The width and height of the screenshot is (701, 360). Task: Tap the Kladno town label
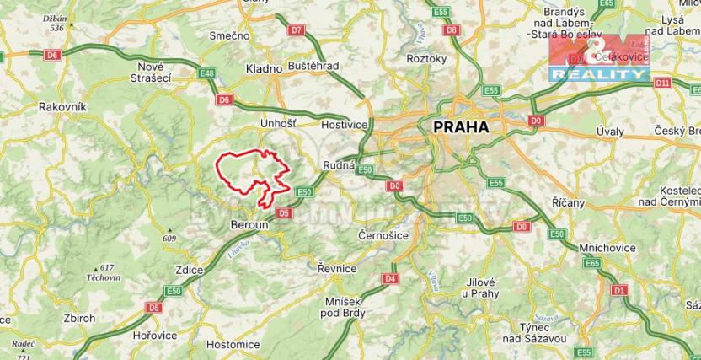pos(263,68)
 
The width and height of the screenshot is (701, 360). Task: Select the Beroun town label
pos(249,225)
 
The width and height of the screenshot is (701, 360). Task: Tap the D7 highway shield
pos(295,30)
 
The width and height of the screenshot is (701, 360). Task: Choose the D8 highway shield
pos(452,30)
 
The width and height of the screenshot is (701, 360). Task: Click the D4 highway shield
pos(389,278)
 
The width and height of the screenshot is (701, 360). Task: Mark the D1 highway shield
pos(620,290)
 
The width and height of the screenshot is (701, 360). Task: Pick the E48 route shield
pos(206,75)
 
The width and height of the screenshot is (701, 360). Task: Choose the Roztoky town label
pos(426,59)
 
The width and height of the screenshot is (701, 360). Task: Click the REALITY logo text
pos(598,75)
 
